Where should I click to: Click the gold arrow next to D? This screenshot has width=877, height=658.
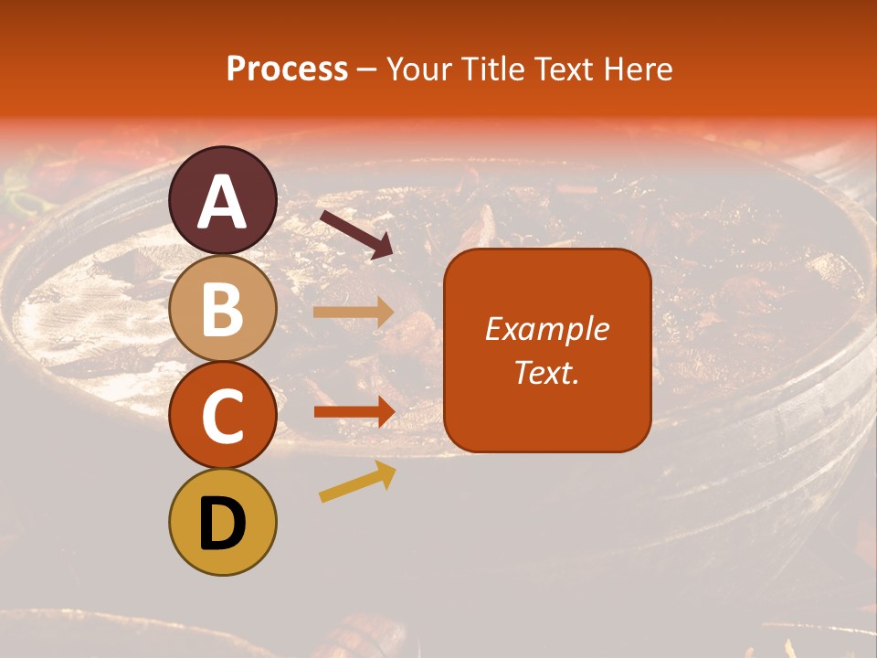point(357,481)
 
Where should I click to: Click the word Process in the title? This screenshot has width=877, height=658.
point(287,69)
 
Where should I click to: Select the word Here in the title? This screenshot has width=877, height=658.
point(639,69)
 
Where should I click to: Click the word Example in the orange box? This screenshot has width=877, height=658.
point(546,329)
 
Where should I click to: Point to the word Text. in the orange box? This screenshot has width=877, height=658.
point(546,372)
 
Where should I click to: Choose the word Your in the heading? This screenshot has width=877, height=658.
point(419,69)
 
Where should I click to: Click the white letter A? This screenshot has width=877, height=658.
point(223,202)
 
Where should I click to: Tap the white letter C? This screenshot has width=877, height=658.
point(223,417)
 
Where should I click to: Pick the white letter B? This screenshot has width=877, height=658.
point(223,309)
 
